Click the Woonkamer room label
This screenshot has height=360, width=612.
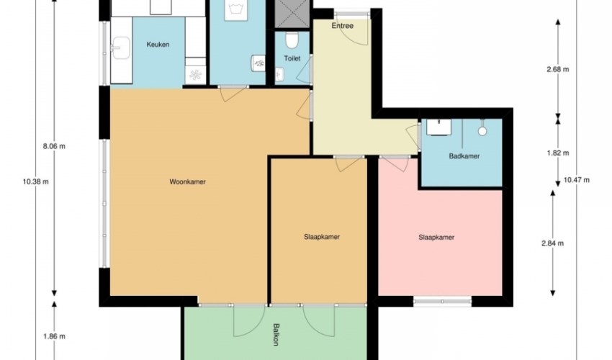[x=187, y=181]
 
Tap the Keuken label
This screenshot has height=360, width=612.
[x=158, y=45]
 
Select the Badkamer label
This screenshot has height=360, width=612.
[x=464, y=156]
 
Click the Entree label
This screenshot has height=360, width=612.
[x=342, y=26]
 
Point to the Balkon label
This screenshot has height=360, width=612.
[x=276, y=335]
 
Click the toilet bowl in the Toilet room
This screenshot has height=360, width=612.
[x=291, y=40]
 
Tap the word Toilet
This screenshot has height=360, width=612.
[x=292, y=58]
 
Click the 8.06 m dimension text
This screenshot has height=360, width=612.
[x=54, y=146]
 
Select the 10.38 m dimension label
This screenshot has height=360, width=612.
[x=36, y=181]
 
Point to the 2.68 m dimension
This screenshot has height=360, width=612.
[x=558, y=70]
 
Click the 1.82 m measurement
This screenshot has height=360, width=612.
[x=558, y=153]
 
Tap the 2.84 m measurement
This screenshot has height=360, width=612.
[x=552, y=243]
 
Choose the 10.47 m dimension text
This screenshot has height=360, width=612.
[x=577, y=180]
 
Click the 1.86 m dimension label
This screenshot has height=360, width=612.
[x=54, y=336]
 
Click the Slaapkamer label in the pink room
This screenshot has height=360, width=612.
[x=436, y=238]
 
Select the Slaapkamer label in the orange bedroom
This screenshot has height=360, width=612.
[x=322, y=237]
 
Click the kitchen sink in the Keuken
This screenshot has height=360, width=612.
[x=121, y=48]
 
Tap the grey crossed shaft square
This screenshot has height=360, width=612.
[x=292, y=14]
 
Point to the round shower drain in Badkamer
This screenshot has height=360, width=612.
[x=482, y=131]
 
